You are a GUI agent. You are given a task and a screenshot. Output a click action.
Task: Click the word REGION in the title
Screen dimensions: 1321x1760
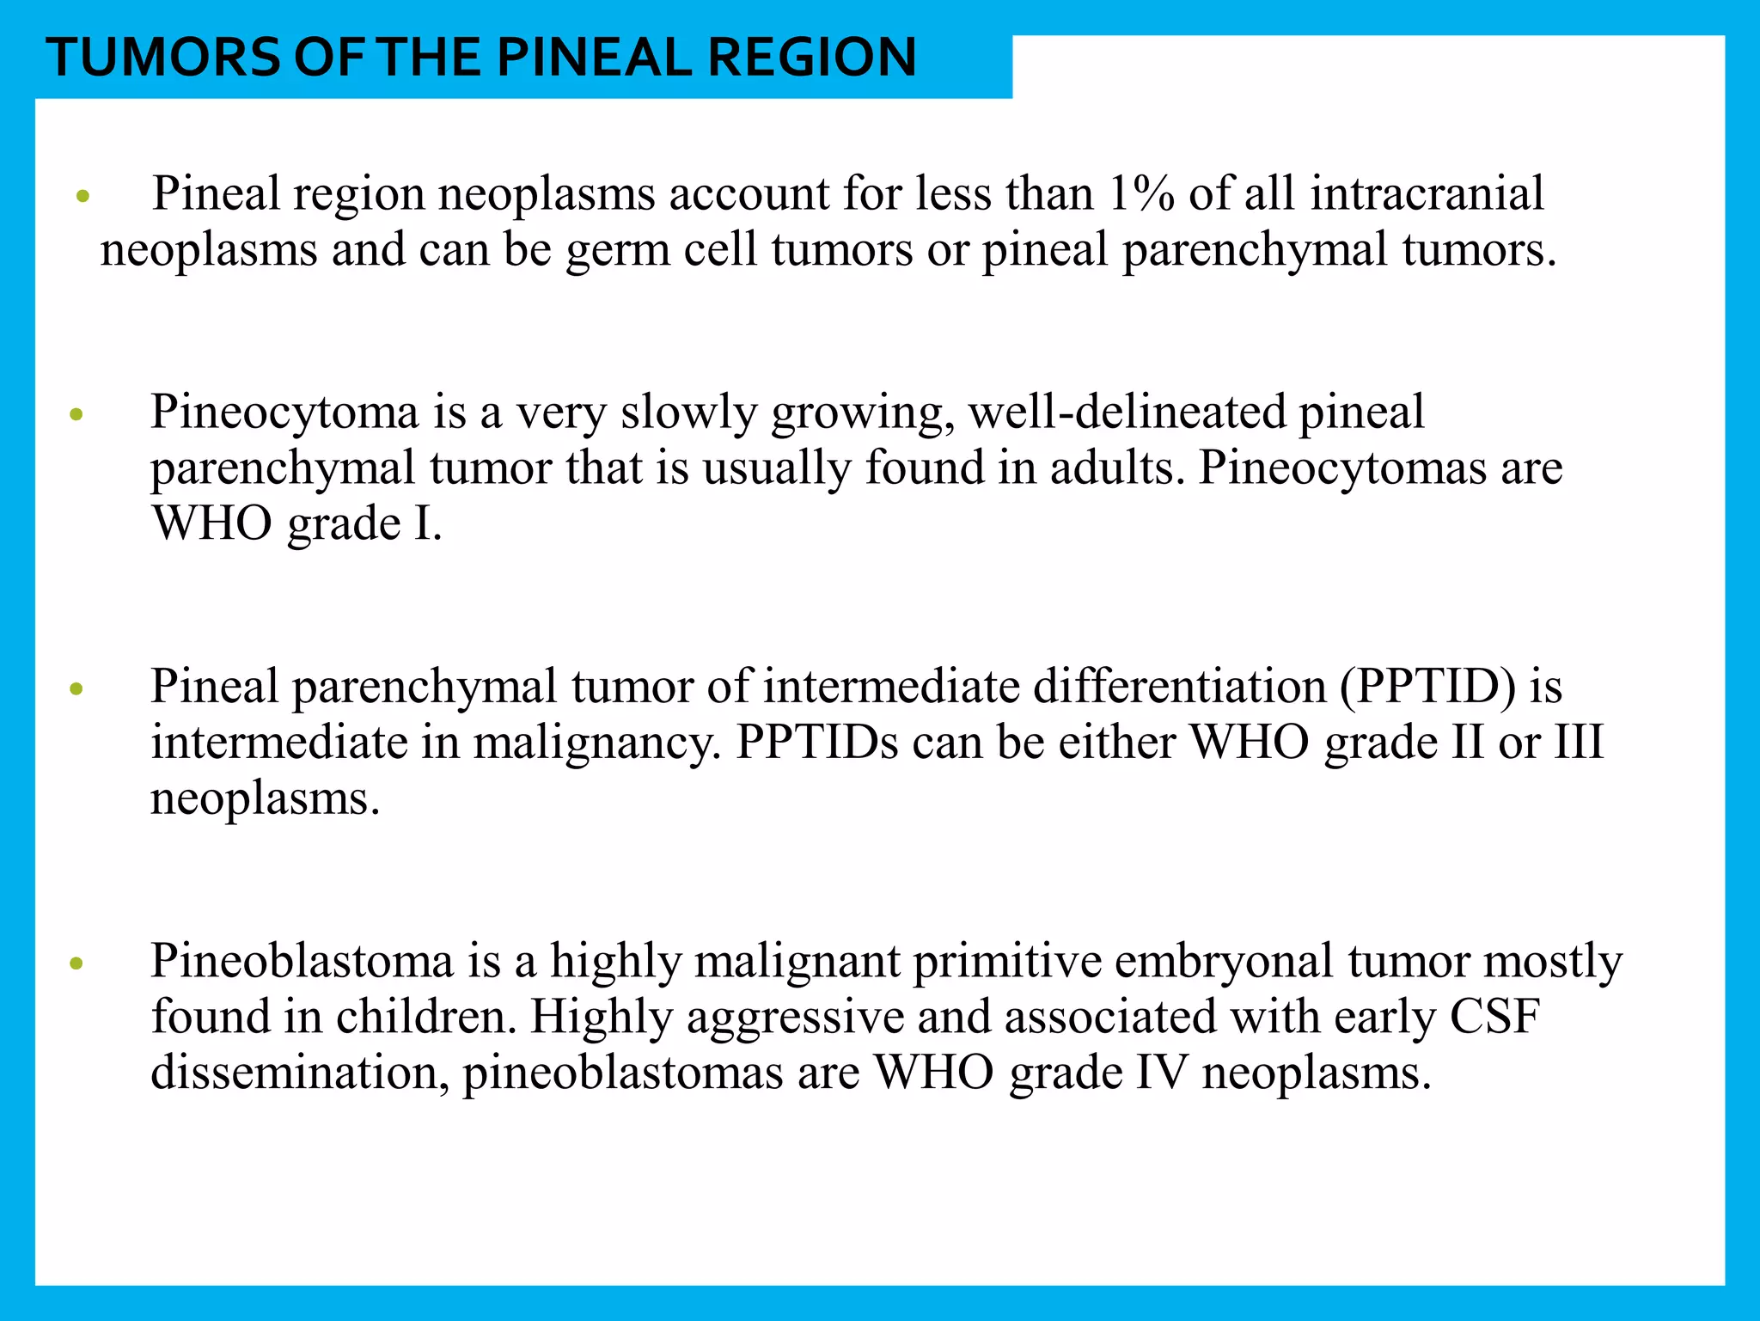point(811,58)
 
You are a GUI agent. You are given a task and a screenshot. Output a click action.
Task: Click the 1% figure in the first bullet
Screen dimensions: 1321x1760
point(1140,193)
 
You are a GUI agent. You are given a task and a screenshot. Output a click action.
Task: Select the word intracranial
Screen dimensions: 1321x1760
point(1427,193)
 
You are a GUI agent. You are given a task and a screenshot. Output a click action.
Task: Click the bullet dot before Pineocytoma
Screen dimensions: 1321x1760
point(76,415)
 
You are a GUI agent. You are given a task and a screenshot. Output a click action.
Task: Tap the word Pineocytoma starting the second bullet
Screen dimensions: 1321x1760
point(284,413)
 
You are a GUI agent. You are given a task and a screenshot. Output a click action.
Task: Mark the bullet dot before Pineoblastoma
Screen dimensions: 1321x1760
point(76,963)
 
